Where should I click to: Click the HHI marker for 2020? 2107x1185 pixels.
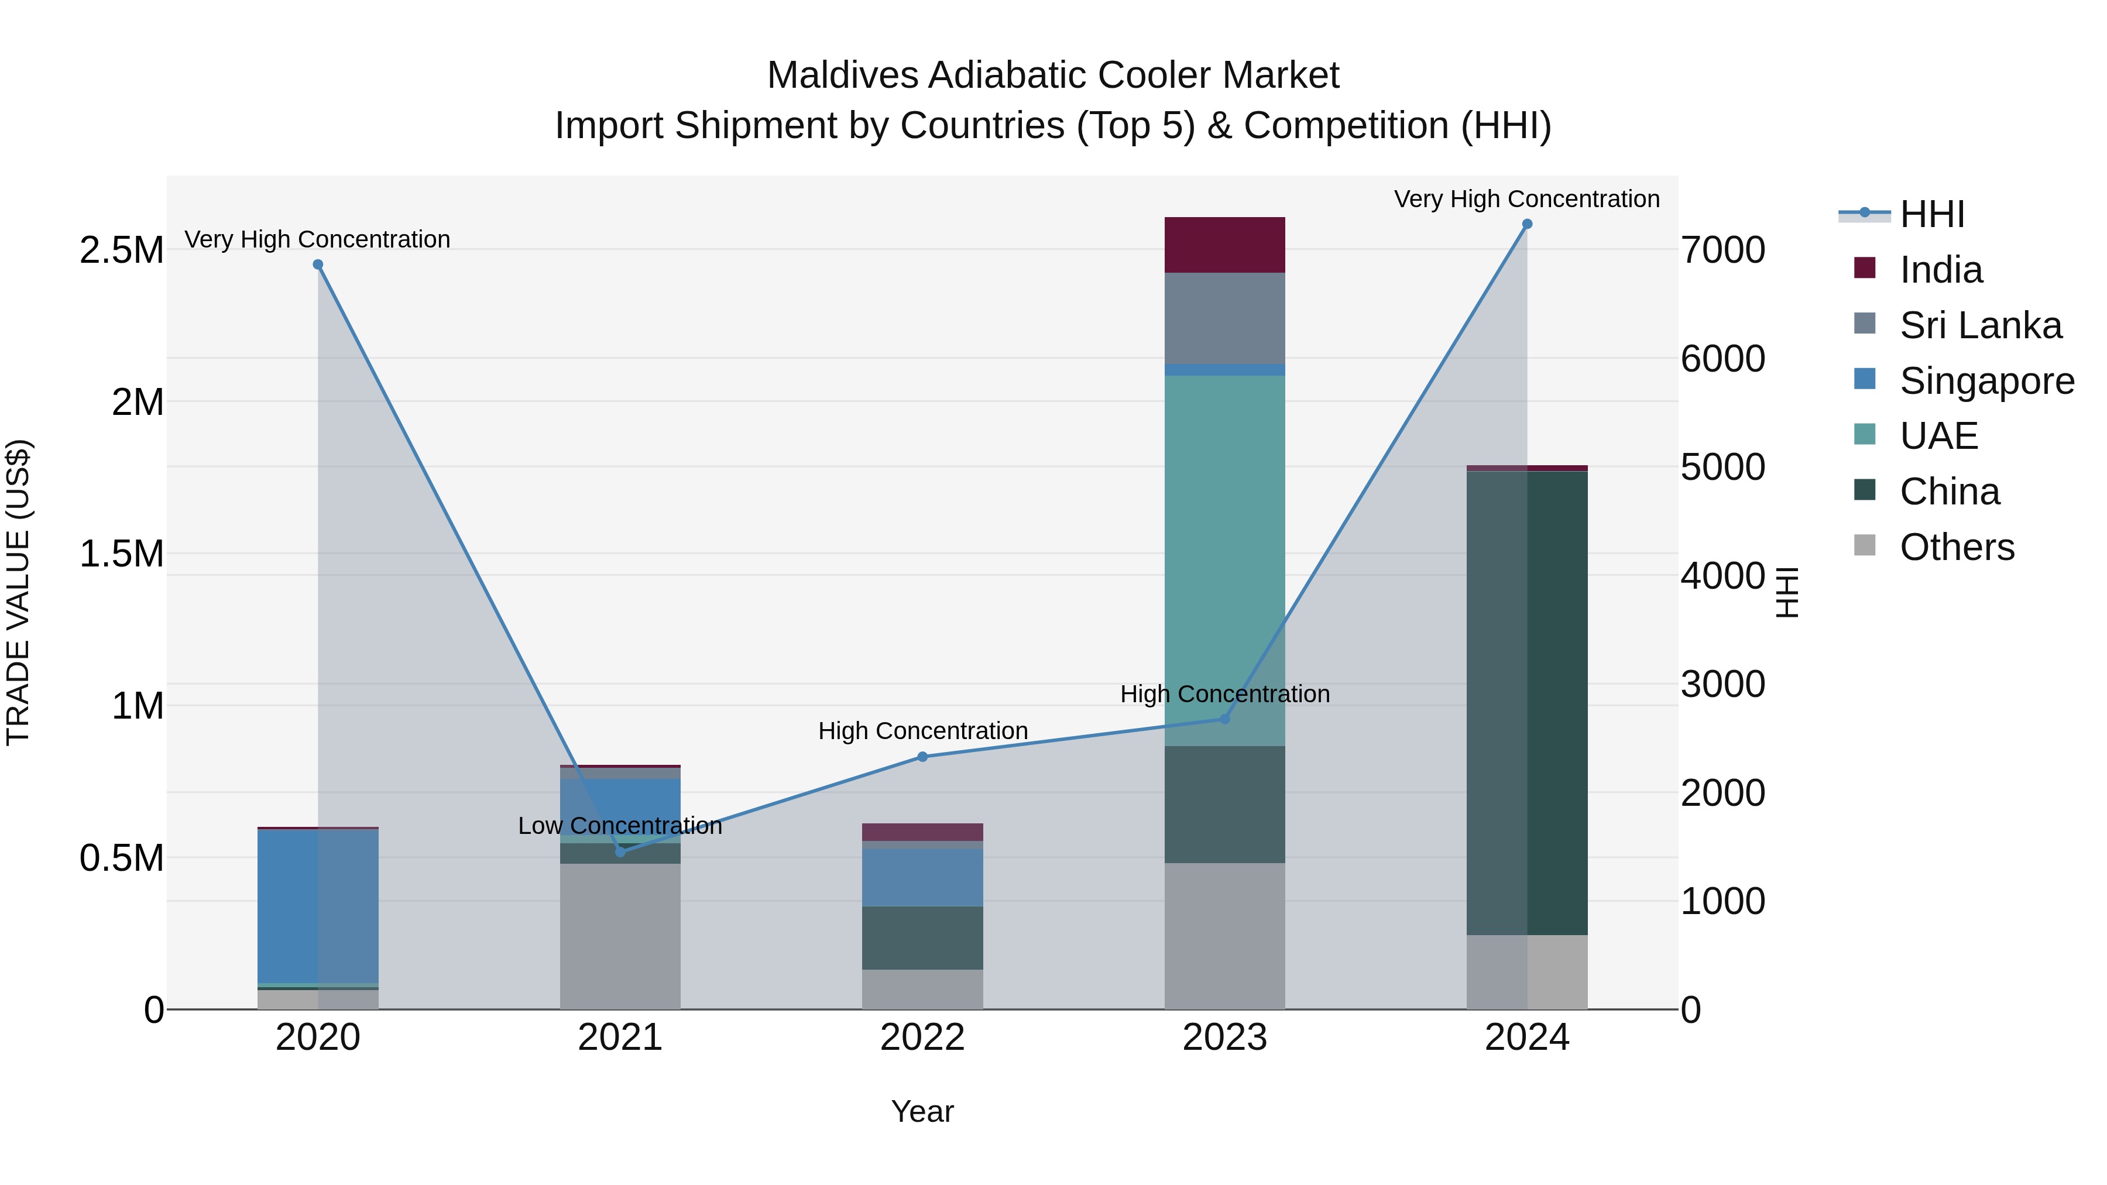tap(318, 264)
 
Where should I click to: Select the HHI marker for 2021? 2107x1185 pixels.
tap(620, 852)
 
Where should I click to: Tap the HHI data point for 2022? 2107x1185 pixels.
tap(922, 757)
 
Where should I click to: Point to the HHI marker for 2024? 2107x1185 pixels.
tap(1527, 224)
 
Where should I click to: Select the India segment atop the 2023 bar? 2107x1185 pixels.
tap(1224, 245)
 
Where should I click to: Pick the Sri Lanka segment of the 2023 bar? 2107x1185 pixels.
tap(1224, 318)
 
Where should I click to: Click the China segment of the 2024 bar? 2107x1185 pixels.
tap(1527, 703)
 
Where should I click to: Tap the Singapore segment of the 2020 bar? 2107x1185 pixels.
tap(318, 905)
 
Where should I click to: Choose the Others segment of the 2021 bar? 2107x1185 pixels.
tap(620, 936)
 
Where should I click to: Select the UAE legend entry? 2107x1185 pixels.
tap(1938, 436)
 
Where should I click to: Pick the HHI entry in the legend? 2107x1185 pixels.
tap(1931, 214)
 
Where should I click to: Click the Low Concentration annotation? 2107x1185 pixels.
tap(620, 826)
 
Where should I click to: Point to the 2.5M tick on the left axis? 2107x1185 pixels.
tap(122, 250)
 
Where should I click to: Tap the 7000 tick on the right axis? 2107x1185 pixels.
tap(1722, 250)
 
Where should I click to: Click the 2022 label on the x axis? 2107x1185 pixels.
tap(922, 1038)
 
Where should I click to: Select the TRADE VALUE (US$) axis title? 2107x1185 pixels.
tap(19, 592)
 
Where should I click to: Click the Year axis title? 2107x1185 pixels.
tap(922, 1111)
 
